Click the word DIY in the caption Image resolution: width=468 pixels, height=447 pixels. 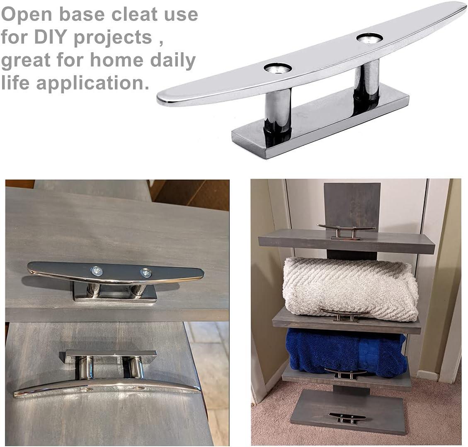pyautogui.click(x=51, y=38)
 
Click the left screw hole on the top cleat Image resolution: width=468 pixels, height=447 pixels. pyautogui.click(x=278, y=68)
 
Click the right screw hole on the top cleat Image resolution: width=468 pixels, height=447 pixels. pyautogui.click(x=369, y=38)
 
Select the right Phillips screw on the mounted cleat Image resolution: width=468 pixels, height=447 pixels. pyautogui.click(x=146, y=273)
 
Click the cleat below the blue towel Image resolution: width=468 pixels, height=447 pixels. pyautogui.click(x=345, y=373)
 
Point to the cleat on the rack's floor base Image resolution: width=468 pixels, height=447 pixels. pyautogui.click(x=346, y=418)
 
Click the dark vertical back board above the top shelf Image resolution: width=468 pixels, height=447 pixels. pyautogui.click(x=352, y=203)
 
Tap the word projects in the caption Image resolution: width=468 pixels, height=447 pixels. pyautogui.click(x=113, y=38)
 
